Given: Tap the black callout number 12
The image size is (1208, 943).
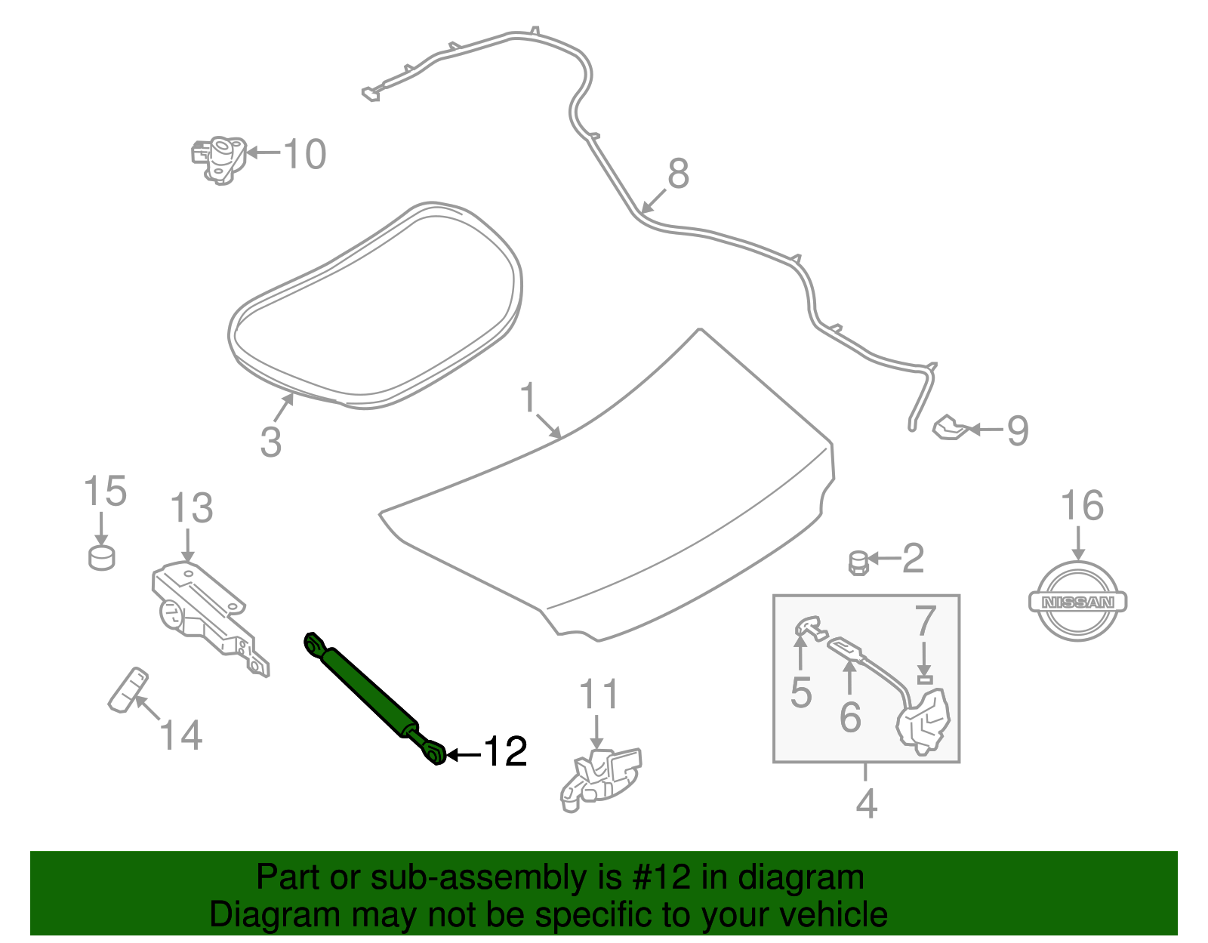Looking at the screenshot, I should [x=504, y=752].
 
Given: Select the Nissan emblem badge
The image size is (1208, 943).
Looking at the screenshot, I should [x=1077, y=602].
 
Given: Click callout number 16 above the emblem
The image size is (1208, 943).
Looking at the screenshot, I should [x=1082, y=507].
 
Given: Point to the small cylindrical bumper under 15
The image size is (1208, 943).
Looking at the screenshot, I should [x=101, y=558].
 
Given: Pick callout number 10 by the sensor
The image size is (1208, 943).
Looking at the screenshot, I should [x=305, y=154].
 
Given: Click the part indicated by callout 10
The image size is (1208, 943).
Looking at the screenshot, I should [x=220, y=158].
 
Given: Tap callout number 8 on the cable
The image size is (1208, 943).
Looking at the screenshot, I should [x=678, y=174].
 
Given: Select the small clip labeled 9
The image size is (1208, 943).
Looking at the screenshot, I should [x=951, y=428].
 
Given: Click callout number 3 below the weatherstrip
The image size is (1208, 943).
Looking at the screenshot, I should [x=270, y=442].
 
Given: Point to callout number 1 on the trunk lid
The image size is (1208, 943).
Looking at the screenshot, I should [x=528, y=397].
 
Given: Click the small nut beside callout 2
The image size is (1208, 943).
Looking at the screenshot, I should [x=858, y=562].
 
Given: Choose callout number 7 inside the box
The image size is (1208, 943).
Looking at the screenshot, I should [x=926, y=621].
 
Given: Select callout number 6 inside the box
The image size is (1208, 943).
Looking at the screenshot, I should [x=850, y=716].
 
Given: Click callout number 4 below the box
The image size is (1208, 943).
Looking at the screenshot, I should [x=867, y=803].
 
